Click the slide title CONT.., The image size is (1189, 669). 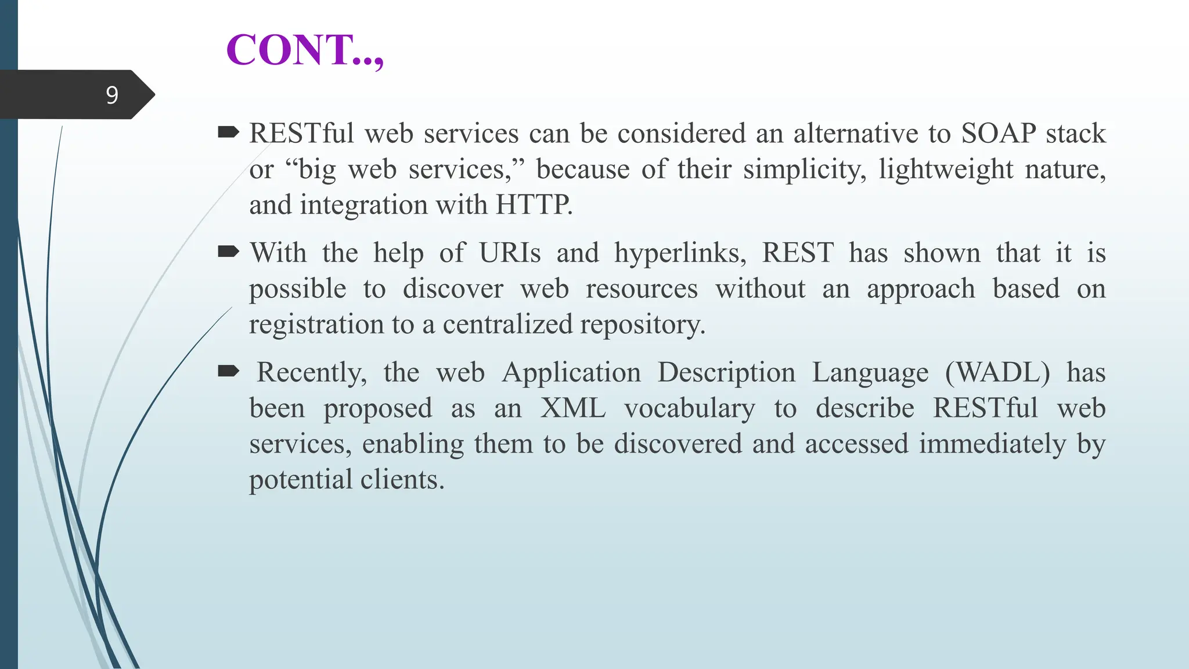pyautogui.click(x=305, y=50)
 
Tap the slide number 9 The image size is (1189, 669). pyautogui.click(x=112, y=95)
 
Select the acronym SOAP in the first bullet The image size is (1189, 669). pyautogui.click(x=999, y=134)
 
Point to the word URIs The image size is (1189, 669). pyautogui.click(x=510, y=253)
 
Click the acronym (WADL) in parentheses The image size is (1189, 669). pyautogui.click(x=997, y=372)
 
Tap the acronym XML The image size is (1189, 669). pyautogui.click(x=573, y=408)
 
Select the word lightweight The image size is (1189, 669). pyautogui.click(x=946, y=170)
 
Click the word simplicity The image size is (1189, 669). pyautogui.click(x=804, y=170)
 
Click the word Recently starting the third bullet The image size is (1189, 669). pyautogui.click(x=311, y=372)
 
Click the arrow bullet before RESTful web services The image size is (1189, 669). pyautogui.click(x=228, y=133)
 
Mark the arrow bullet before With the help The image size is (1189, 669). pyautogui.click(x=228, y=252)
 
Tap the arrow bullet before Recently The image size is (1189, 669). pyautogui.click(x=228, y=371)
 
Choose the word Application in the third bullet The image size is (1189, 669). pyautogui.click(x=571, y=372)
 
